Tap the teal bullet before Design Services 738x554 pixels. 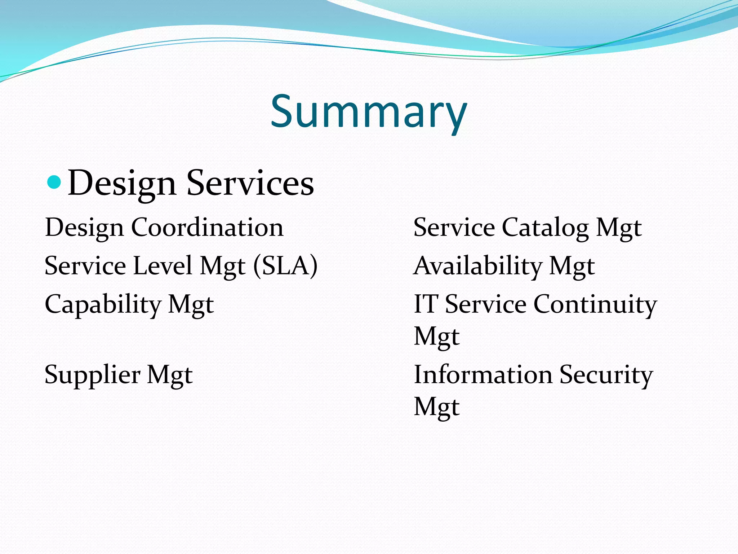pos(54,182)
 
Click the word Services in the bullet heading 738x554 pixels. pos(250,183)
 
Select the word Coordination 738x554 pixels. pos(207,228)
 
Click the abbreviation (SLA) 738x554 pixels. pos(285,266)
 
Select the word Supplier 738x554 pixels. pos(92,375)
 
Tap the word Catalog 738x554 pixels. pos(545,228)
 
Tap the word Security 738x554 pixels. pos(606,375)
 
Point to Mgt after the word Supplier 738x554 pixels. pos(170,375)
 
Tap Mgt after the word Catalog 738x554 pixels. pos(619,228)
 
